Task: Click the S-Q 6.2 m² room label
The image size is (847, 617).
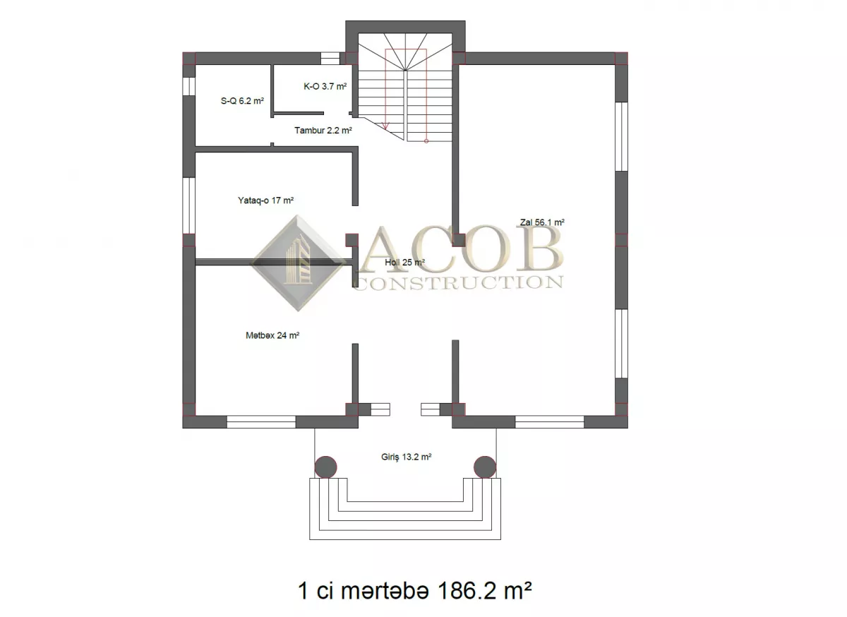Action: click(242, 101)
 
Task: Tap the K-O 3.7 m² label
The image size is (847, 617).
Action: click(325, 87)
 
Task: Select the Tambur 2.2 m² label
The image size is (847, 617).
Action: click(323, 131)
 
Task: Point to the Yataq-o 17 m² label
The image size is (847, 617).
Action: click(266, 200)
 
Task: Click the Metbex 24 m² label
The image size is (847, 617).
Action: click(272, 335)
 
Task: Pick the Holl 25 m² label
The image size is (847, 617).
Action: click(404, 262)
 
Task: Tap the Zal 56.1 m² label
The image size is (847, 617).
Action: click(542, 222)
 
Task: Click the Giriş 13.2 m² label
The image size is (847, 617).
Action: click(407, 457)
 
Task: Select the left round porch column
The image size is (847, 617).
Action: click(325, 467)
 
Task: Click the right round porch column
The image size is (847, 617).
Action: click(485, 467)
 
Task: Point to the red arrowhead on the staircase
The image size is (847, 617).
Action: click(385, 126)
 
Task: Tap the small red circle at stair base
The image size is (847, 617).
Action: click(426, 141)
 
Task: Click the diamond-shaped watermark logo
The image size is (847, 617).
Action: click(298, 263)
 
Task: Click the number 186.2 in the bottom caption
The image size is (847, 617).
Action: click(466, 591)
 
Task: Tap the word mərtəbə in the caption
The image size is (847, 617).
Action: click(385, 591)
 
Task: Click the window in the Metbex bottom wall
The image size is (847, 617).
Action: click(261, 421)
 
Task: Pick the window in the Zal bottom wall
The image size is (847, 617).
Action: click(549, 421)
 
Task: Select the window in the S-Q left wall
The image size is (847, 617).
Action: click(189, 86)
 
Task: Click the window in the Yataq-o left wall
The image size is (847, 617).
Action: click(189, 205)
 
